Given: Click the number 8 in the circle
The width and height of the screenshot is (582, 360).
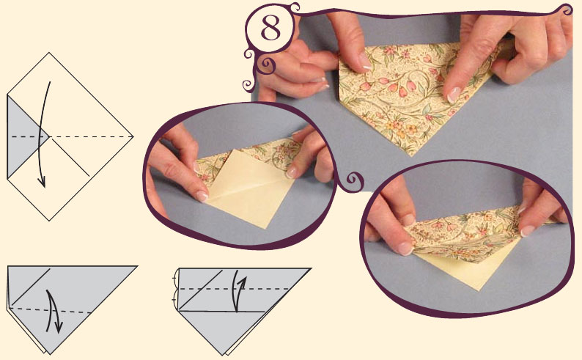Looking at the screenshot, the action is [x=271, y=28].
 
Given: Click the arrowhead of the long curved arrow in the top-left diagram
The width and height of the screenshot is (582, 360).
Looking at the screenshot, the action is [x=42, y=183].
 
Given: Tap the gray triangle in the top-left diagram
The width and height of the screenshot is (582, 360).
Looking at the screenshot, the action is [x=24, y=136].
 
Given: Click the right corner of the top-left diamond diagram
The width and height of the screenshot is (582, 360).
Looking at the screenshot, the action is [x=133, y=136].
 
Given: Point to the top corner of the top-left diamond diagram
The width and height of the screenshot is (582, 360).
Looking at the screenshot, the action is [x=49, y=53].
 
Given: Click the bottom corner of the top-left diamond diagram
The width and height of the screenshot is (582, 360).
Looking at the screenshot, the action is [x=49, y=221].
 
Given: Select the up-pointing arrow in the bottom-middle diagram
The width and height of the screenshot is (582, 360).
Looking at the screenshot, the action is [x=238, y=291].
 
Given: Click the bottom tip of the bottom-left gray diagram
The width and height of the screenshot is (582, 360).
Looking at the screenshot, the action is [x=50, y=354].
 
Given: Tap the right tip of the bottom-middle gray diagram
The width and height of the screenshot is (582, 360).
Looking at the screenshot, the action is [x=310, y=268].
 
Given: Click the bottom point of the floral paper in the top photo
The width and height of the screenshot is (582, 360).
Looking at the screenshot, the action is [x=410, y=155].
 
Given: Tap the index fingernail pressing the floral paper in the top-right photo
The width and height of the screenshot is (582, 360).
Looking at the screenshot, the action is [x=454, y=95].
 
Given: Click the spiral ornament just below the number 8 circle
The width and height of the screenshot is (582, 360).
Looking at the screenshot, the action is [x=267, y=65].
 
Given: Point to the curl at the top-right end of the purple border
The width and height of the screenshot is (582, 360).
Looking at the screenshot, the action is [x=567, y=10].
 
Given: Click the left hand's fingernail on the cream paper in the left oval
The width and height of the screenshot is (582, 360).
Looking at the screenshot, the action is [x=202, y=196].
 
